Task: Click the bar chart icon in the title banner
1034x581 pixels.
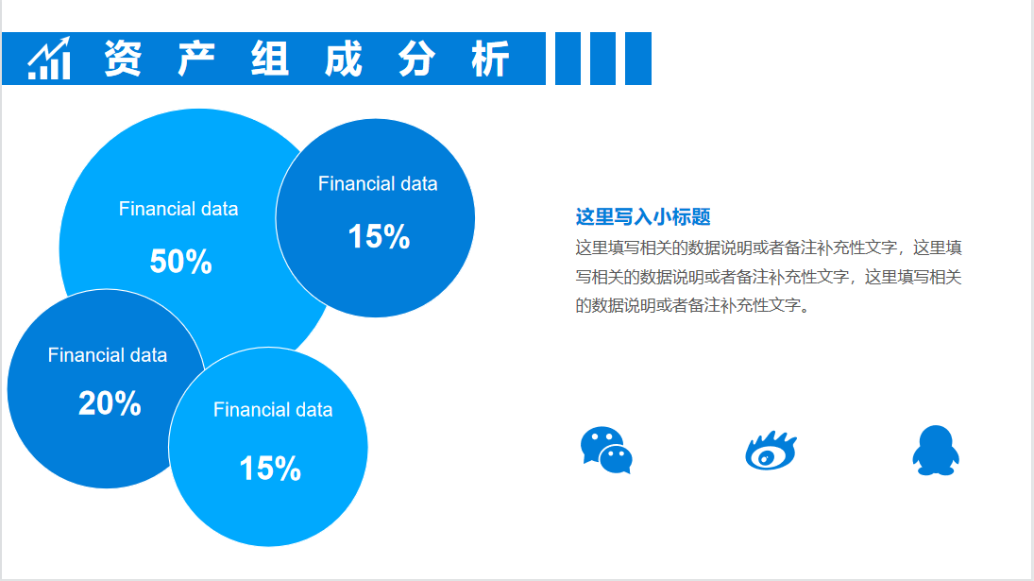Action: click(49, 59)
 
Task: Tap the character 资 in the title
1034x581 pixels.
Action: click(123, 59)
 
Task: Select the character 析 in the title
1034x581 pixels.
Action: click(490, 59)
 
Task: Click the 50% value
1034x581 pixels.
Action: click(180, 262)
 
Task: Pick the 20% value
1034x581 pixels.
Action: click(110, 403)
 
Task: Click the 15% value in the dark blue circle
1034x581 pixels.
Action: click(379, 236)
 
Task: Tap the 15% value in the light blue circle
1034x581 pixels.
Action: click(270, 468)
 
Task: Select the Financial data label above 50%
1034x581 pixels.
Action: click(178, 209)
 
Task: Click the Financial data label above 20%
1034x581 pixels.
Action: click(108, 355)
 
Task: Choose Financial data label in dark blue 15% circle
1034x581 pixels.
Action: click(378, 183)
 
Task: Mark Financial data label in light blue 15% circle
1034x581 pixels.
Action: click(273, 410)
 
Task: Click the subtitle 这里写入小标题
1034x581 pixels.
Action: click(643, 217)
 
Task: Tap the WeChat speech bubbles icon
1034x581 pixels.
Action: click(606, 450)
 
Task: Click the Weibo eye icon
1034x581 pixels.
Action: click(771, 451)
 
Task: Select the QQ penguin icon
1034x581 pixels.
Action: click(935, 450)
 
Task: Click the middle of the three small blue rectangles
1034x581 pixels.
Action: click(602, 59)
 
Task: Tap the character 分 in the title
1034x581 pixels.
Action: click(416, 59)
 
